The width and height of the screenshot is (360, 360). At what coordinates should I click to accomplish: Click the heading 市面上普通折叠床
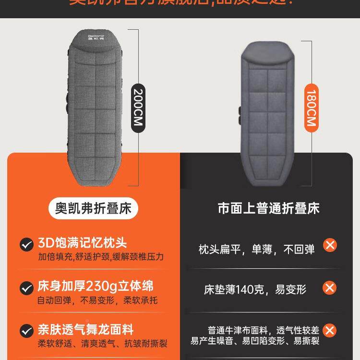tap(268, 208)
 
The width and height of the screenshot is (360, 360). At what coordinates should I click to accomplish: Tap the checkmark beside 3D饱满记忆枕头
tap(26, 245)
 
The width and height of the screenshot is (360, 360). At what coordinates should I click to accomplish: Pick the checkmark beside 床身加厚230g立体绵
tap(26, 288)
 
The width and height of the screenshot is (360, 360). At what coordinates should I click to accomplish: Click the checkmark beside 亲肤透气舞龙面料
tap(26, 331)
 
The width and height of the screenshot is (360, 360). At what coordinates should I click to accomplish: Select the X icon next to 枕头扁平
tap(330, 245)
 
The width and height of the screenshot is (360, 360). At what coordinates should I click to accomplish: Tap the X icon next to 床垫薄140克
tap(330, 288)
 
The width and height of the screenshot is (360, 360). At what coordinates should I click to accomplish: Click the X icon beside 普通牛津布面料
tap(330, 331)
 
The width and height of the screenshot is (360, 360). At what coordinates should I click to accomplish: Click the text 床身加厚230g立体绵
tap(96, 287)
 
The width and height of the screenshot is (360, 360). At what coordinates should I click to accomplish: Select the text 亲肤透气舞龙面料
tap(85, 330)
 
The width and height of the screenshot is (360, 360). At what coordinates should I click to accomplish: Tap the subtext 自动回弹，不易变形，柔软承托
tap(97, 301)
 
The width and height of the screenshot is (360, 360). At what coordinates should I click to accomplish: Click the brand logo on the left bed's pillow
tap(100, 37)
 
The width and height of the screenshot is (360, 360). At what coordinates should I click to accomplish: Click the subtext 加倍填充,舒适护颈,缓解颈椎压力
tap(101, 257)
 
